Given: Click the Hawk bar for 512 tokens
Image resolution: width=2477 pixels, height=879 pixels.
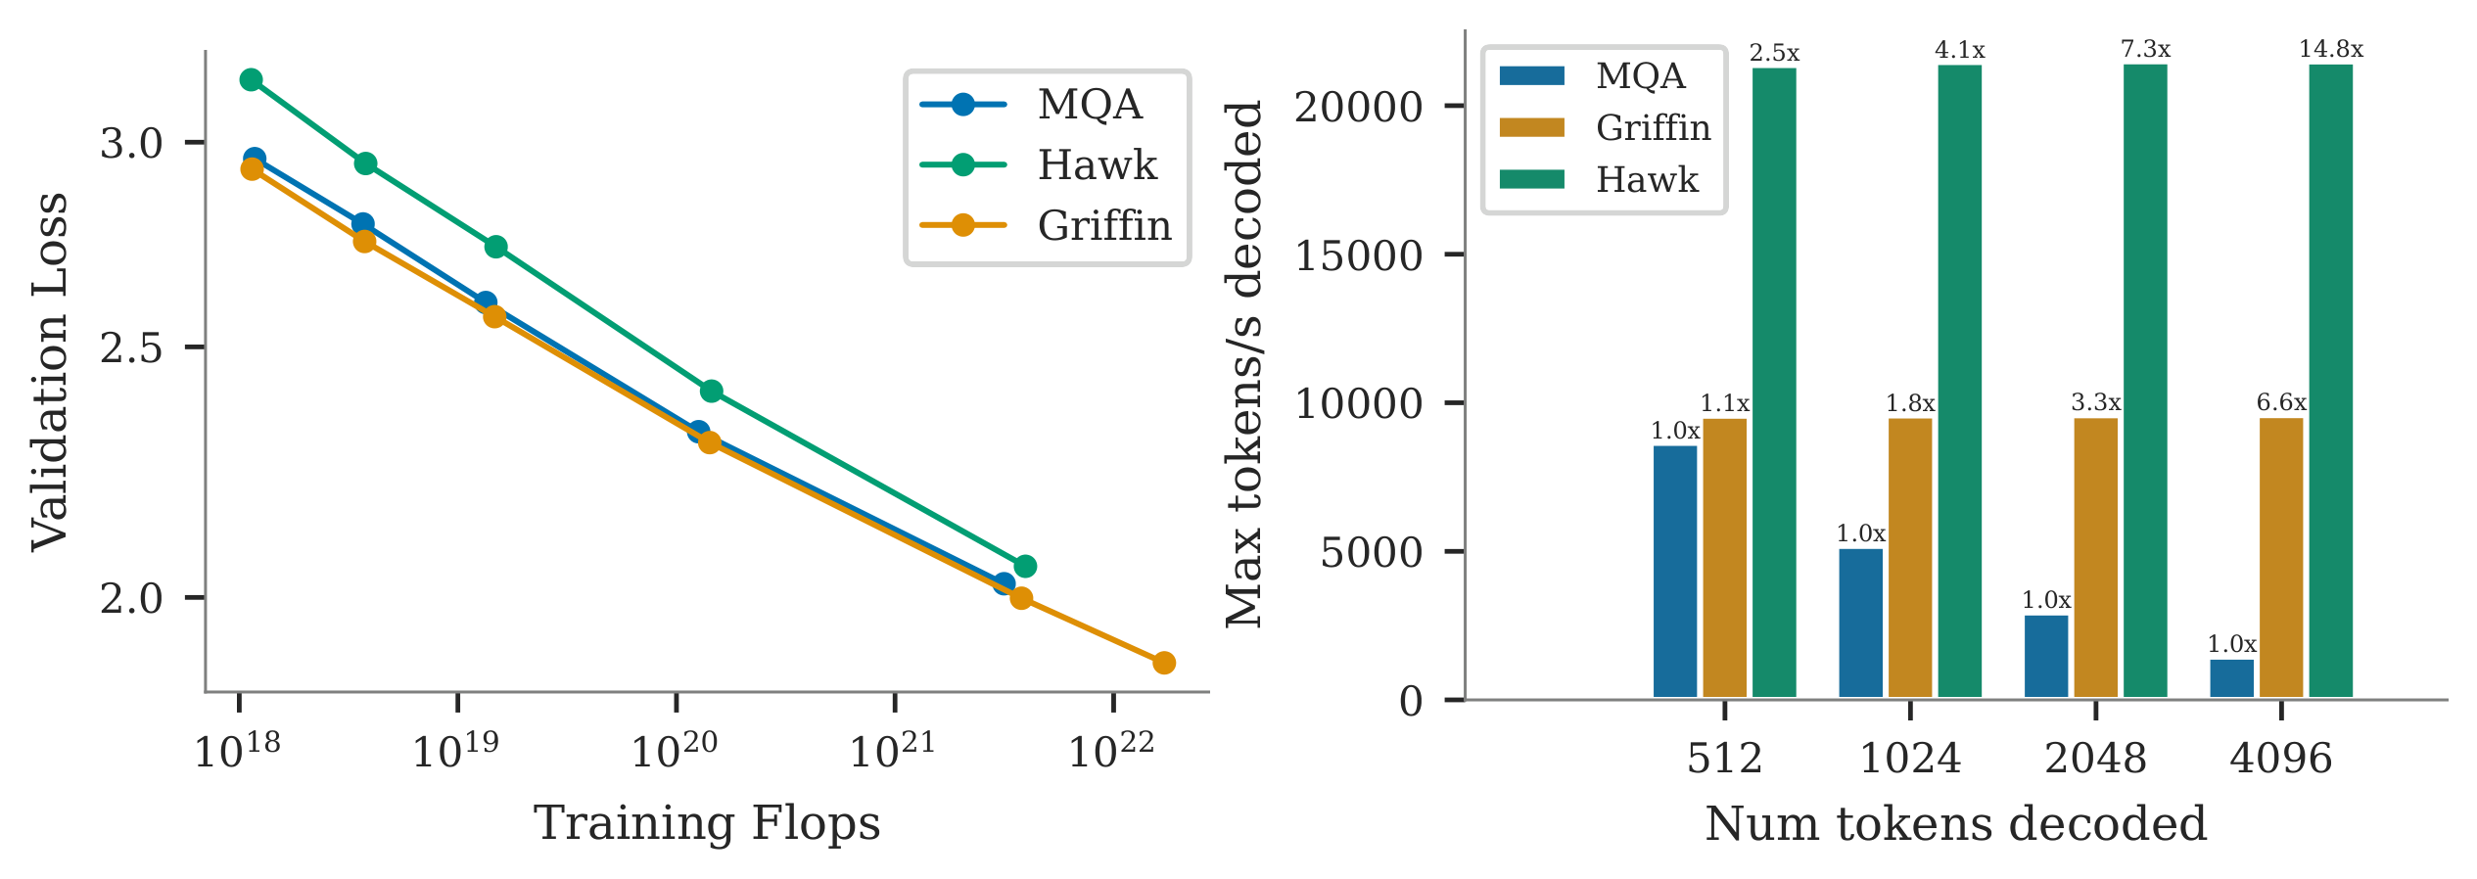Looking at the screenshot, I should (x=1774, y=382).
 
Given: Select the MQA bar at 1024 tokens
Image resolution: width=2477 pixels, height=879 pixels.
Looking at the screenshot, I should (x=1860, y=624).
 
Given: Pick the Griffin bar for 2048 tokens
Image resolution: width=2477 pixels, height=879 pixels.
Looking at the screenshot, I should (x=2095, y=558).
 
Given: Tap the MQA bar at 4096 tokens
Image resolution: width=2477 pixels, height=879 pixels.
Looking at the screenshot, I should (x=2231, y=678).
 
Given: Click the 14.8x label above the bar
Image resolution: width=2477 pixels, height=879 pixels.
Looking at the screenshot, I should (x=2330, y=49).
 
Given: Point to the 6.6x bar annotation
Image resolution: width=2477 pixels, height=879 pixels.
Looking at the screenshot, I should (x=2281, y=402).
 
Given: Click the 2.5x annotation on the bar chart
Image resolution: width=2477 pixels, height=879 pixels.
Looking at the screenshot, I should (x=1774, y=53).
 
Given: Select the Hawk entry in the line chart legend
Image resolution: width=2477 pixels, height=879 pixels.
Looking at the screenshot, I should (x=1097, y=164).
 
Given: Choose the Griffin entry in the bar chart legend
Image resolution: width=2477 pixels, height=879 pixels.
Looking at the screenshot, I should (x=1653, y=127).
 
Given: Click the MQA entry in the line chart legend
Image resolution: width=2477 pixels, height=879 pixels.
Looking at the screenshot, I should (x=1089, y=104).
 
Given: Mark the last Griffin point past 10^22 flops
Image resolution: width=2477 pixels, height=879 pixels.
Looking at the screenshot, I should (x=1163, y=663).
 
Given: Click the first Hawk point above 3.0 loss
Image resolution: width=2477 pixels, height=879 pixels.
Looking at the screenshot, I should (x=251, y=79).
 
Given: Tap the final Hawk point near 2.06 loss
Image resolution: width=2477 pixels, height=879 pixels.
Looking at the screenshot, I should (x=1025, y=566).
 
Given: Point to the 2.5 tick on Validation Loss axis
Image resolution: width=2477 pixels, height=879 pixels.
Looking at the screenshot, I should (x=131, y=348).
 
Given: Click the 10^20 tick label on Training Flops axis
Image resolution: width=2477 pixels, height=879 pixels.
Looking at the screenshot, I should (x=675, y=751).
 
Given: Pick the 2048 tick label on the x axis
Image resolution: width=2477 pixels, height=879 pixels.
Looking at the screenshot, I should (x=2095, y=759).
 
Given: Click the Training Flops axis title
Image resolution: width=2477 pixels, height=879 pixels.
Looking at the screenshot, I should (x=707, y=823).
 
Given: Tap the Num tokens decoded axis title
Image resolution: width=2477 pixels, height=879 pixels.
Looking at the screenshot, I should (x=1955, y=823).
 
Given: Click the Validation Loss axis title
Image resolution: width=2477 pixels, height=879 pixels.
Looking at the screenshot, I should (x=49, y=371).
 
